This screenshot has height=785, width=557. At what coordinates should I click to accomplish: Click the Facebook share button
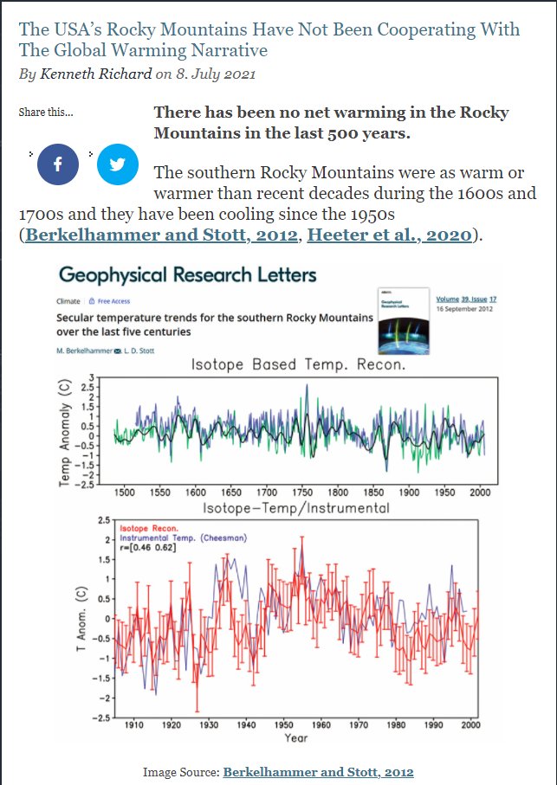(x=58, y=164)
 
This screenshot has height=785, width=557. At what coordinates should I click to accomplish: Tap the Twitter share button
(x=118, y=164)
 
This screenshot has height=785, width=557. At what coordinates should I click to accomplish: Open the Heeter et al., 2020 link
(x=391, y=235)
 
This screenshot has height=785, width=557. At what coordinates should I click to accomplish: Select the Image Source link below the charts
(x=318, y=771)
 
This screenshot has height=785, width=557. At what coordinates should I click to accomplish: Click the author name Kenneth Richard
(x=95, y=74)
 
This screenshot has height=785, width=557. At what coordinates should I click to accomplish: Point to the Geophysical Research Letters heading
(x=187, y=276)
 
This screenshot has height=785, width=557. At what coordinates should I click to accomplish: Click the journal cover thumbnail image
(x=404, y=319)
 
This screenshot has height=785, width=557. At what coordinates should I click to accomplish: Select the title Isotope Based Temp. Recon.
(x=298, y=365)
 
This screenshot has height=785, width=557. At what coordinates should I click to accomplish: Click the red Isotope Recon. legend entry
(x=148, y=527)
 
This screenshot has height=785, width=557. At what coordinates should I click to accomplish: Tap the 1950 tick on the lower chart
(x=283, y=724)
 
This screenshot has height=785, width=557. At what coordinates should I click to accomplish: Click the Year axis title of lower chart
(x=296, y=738)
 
